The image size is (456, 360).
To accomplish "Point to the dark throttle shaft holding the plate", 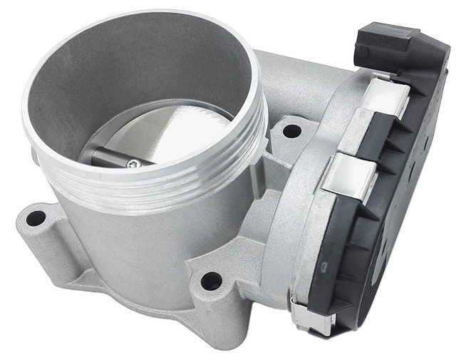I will click(107, 155).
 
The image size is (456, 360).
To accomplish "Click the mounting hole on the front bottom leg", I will click(211, 280).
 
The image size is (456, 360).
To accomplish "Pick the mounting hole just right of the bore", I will click(291, 130).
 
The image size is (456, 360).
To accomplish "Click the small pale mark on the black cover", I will click(326, 267).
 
